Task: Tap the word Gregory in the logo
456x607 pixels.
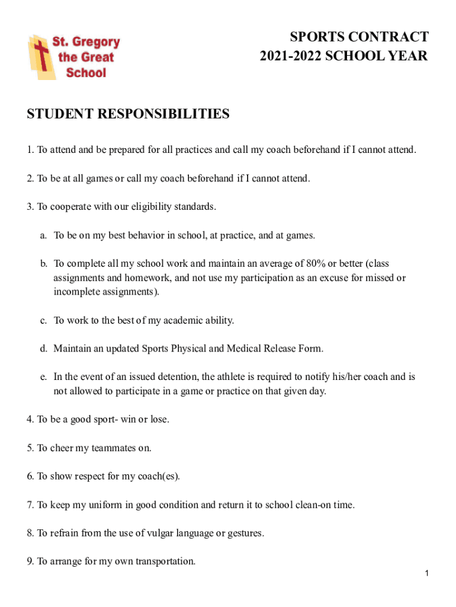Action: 96,43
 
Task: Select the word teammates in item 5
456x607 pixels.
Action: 107,448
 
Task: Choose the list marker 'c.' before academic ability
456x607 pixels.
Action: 44,321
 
